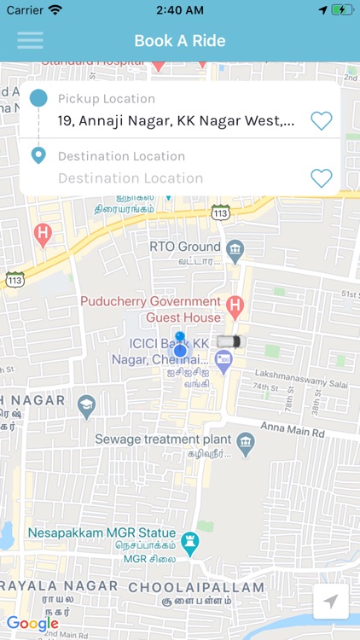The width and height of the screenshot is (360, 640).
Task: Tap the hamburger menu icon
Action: click(30, 40)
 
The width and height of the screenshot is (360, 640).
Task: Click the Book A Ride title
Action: click(179, 41)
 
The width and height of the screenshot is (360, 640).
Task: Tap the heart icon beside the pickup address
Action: click(321, 121)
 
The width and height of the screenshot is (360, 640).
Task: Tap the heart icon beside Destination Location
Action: click(321, 177)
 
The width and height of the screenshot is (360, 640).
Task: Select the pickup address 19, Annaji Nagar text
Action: click(177, 121)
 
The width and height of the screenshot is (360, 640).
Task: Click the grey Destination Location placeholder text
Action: click(131, 178)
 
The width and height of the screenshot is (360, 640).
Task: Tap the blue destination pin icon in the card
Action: click(38, 156)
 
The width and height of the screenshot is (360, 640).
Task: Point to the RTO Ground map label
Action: click(185, 246)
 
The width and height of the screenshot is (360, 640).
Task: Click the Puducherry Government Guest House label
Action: click(149, 308)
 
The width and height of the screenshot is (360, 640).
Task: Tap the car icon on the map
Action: click(228, 341)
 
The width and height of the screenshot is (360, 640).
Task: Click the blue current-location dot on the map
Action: click(180, 351)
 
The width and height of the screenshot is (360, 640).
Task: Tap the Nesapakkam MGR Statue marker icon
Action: click(191, 542)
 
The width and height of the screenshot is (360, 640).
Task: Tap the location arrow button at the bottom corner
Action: click(330, 602)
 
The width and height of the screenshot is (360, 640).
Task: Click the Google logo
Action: click(32, 623)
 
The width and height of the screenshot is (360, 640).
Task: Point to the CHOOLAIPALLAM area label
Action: click(196, 587)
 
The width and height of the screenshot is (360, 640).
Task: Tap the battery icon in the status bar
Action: click(343, 10)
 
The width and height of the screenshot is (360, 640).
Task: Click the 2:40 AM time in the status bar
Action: click(179, 10)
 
